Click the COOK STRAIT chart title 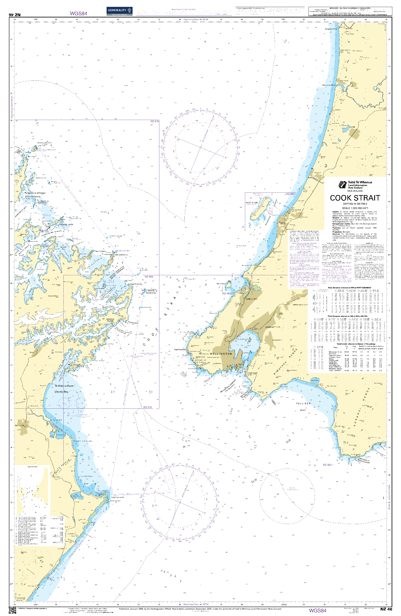[355, 198]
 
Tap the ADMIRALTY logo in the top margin [119, 11]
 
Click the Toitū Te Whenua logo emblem [342, 185]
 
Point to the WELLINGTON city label [221, 353]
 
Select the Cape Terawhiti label [180, 350]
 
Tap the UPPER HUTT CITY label [300, 305]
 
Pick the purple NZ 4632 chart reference [228, 293]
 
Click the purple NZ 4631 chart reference [290, 194]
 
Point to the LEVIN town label [353, 127]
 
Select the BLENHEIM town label [20, 425]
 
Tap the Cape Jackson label [121, 255]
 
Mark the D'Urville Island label [33, 197]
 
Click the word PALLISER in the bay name [303, 403]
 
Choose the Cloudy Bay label [61, 392]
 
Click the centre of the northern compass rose [200, 147]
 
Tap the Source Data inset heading [32, 467]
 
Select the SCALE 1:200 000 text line [355, 208]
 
